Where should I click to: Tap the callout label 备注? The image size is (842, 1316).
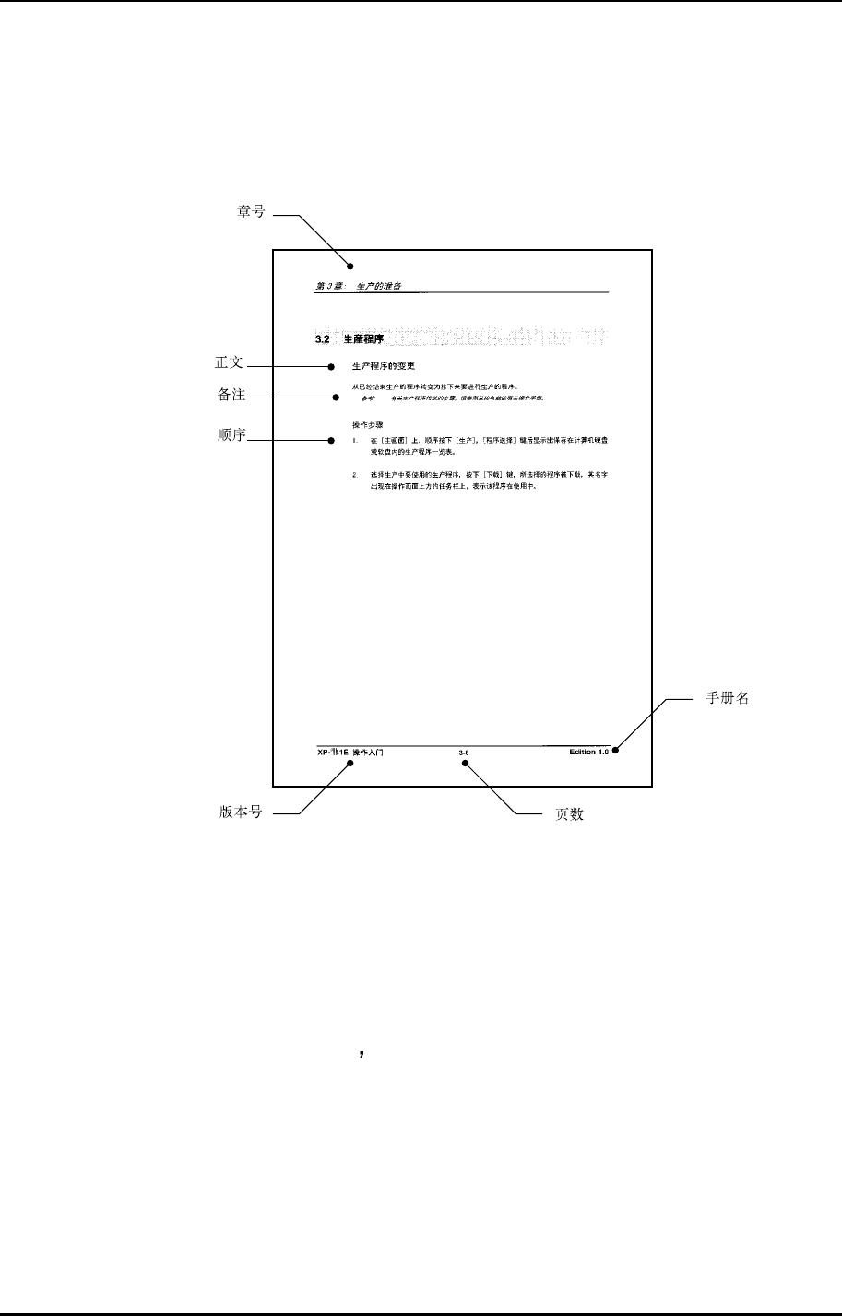pyautogui.click(x=230, y=395)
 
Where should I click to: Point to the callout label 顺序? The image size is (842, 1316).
pyautogui.click(x=230, y=435)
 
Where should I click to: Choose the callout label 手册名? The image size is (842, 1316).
pyautogui.click(x=727, y=698)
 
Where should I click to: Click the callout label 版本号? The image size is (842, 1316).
pyautogui.click(x=241, y=813)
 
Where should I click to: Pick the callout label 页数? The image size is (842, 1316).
pyautogui.click(x=569, y=815)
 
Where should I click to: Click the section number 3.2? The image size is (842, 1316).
pyautogui.click(x=323, y=340)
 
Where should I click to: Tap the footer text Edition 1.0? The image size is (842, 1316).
pyautogui.click(x=589, y=753)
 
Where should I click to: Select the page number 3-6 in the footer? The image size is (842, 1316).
pyautogui.click(x=464, y=753)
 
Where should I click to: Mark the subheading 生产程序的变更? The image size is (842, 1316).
pyautogui.click(x=384, y=366)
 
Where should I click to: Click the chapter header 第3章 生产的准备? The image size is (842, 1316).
pyautogui.click(x=358, y=286)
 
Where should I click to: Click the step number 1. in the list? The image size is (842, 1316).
pyautogui.click(x=355, y=442)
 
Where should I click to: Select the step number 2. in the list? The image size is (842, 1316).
pyautogui.click(x=355, y=473)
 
